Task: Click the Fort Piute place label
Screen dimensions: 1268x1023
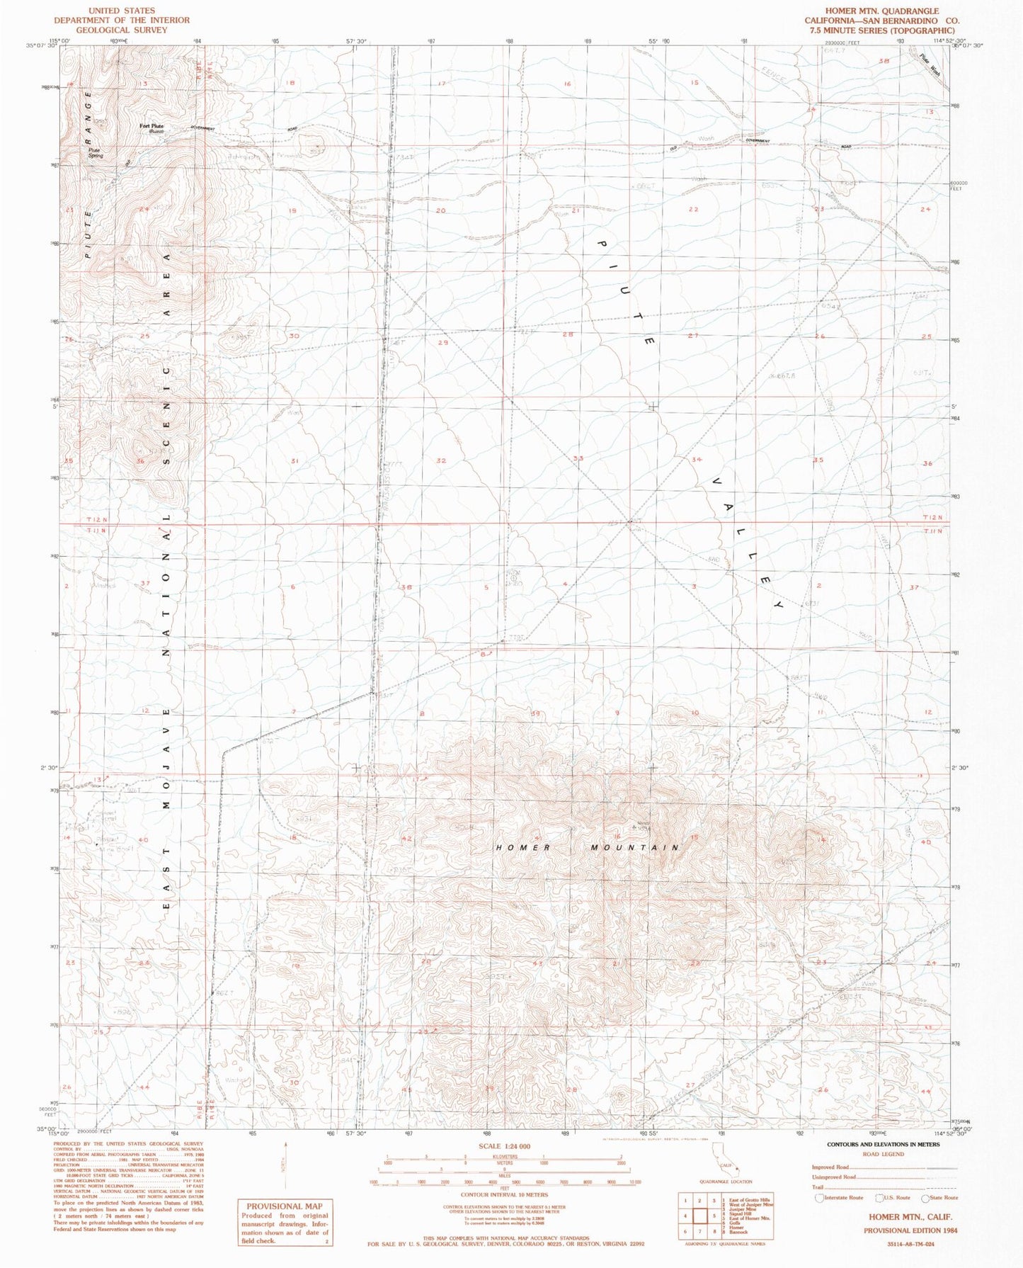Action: [x=152, y=126]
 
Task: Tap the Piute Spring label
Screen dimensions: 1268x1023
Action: [x=95, y=153]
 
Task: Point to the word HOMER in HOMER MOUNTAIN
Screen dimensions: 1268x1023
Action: [x=522, y=848]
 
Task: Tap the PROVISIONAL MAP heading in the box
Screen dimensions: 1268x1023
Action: [x=284, y=1206]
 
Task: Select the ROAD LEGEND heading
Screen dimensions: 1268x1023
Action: [x=883, y=1154]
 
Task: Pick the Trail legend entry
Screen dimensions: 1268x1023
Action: [x=818, y=1187]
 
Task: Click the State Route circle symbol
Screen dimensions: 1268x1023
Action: [x=925, y=1198]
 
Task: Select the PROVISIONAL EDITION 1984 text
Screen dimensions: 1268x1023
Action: [x=910, y=1230]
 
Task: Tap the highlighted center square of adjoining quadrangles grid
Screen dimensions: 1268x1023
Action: [x=699, y=1216]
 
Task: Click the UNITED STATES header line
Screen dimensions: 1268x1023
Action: [x=122, y=11]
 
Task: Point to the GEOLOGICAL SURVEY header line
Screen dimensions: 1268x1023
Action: [x=122, y=30]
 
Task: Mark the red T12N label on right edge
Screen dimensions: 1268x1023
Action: [x=933, y=518]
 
